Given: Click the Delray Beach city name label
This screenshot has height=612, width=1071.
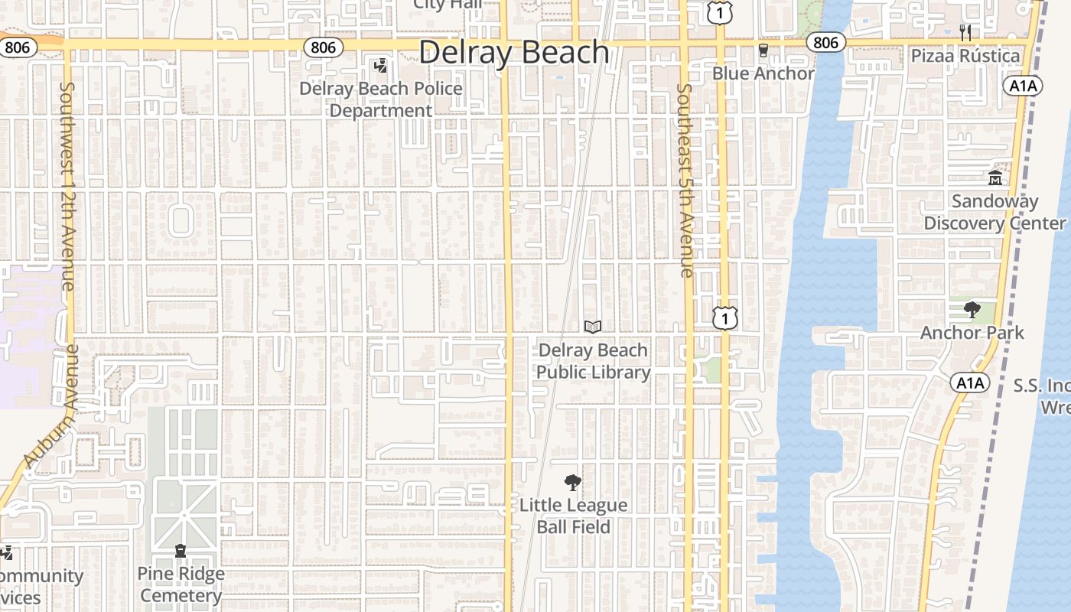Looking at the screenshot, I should pyautogui.click(x=514, y=53).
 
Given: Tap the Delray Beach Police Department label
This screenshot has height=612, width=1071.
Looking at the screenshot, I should pyautogui.click(x=381, y=99).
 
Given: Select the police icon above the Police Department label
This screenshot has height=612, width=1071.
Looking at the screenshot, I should pyautogui.click(x=380, y=66).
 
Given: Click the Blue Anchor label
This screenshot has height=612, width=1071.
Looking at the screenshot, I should pyautogui.click(x=763, y=73).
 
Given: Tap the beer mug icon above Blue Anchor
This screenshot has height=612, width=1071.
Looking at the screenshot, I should pyautogui.click(x=763, y=50).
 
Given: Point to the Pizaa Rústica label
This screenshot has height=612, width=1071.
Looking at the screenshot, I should pyautogui.click(x=965, y=56).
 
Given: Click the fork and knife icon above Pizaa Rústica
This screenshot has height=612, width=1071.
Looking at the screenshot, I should pyautogui.click(x=965, y=33).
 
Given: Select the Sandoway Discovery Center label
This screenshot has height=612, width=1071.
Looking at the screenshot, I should pyautogui.click(x=994, y=212).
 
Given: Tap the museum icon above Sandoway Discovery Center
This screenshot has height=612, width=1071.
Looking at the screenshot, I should pyautogui.click(x=995, y=178).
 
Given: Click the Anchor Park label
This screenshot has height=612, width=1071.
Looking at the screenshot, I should pyautogui.click(x=972, y=333).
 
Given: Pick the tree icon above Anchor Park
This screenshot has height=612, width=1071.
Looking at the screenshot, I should pyautogui.click(x=972, y=310).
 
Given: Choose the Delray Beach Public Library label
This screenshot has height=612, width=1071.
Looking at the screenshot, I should pyautogui.click(x=593, y=361).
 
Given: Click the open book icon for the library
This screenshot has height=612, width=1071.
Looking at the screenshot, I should pyautogui.click(x=593, y=327).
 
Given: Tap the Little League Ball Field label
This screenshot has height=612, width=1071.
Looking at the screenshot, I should pyautogui.click(x=573, y=516).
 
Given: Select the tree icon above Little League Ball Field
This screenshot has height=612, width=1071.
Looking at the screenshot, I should pyautogui.click(x=572, y=483).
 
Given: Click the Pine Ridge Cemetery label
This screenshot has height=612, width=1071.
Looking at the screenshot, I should pyautogui.click(x=181, y=584).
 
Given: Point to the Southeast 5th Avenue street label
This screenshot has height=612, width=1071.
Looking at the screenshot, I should pyautogui.click(x=685, y=180).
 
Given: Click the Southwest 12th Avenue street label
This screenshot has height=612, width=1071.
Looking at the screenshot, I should pyautogui.click(x=67, y=186).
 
